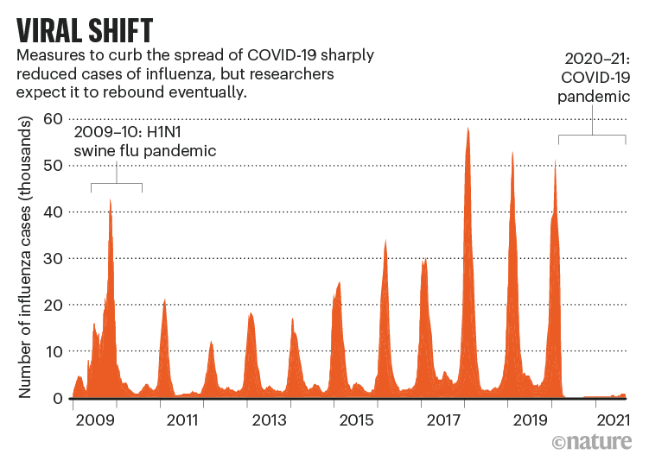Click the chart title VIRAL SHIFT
[86, 28]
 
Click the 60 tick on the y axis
[54, 118]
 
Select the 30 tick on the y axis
[54, 258]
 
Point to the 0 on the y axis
[58, 398]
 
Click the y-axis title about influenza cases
[26, 258]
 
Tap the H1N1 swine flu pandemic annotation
[144, 142]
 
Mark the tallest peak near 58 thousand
[468, 129]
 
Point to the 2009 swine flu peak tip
[111, 200]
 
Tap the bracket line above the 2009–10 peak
[116, 184]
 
